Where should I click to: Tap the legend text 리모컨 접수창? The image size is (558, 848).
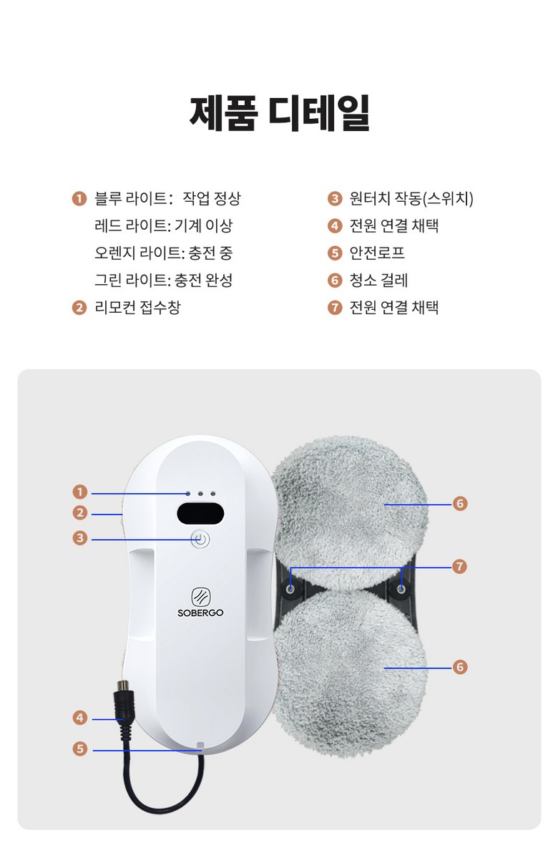pyautogui.click(x=137, y=307)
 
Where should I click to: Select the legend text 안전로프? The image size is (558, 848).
pyautogui.click(x=377, y=253)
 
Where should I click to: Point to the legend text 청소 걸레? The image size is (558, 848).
pyautogui.click(x=378, y=280)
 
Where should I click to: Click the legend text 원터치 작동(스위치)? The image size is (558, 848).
pyautogui.click(x=411, y=198)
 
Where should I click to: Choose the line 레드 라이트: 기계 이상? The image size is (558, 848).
pyautogui.click(x=163, y=225)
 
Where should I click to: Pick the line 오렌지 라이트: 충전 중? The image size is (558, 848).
pyautogui.click(x=163, y=253)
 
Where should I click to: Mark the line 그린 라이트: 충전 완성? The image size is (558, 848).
pyautogui.click(x=163, y=280)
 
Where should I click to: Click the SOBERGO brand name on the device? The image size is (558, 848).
pyautogui.click(x=200, y=613)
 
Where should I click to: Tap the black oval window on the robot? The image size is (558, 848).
pyautogui.click(x=200, y=513)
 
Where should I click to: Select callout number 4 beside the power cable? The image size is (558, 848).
pyautogui.click(x=80, y=718)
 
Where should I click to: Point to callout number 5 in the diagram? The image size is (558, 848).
pyautogui.click(x=80, y=749)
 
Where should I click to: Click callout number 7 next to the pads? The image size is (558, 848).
pyautogui.click(x=459, y=566)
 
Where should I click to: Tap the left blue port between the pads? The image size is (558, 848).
pyautogui.click(x=290, y=588)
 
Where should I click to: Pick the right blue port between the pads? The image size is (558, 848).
pyautogui.click(x=401, y=588)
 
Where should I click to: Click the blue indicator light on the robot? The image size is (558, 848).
pyautogui.click(x=187, y=494)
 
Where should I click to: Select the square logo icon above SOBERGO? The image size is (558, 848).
pyautogui.click(x=200, y=597)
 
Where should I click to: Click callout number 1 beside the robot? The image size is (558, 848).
pyautogui.click(x=80, y=492)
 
